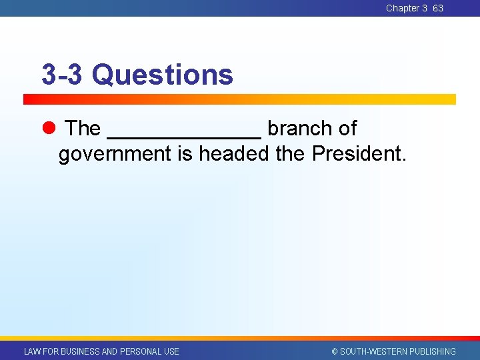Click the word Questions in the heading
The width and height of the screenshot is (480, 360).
coord(163,75)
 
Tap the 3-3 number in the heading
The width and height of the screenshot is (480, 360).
coord(62,75)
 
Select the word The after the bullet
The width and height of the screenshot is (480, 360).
coord(83,128)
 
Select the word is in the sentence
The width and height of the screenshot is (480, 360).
coord(185,154)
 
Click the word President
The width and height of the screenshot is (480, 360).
coord(358,154)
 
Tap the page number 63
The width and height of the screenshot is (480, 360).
coord(438,8)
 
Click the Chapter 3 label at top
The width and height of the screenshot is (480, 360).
coord(406,8)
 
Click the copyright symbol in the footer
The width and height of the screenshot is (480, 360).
coord(335,351)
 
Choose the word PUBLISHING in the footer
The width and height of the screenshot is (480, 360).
coord(431,351)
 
